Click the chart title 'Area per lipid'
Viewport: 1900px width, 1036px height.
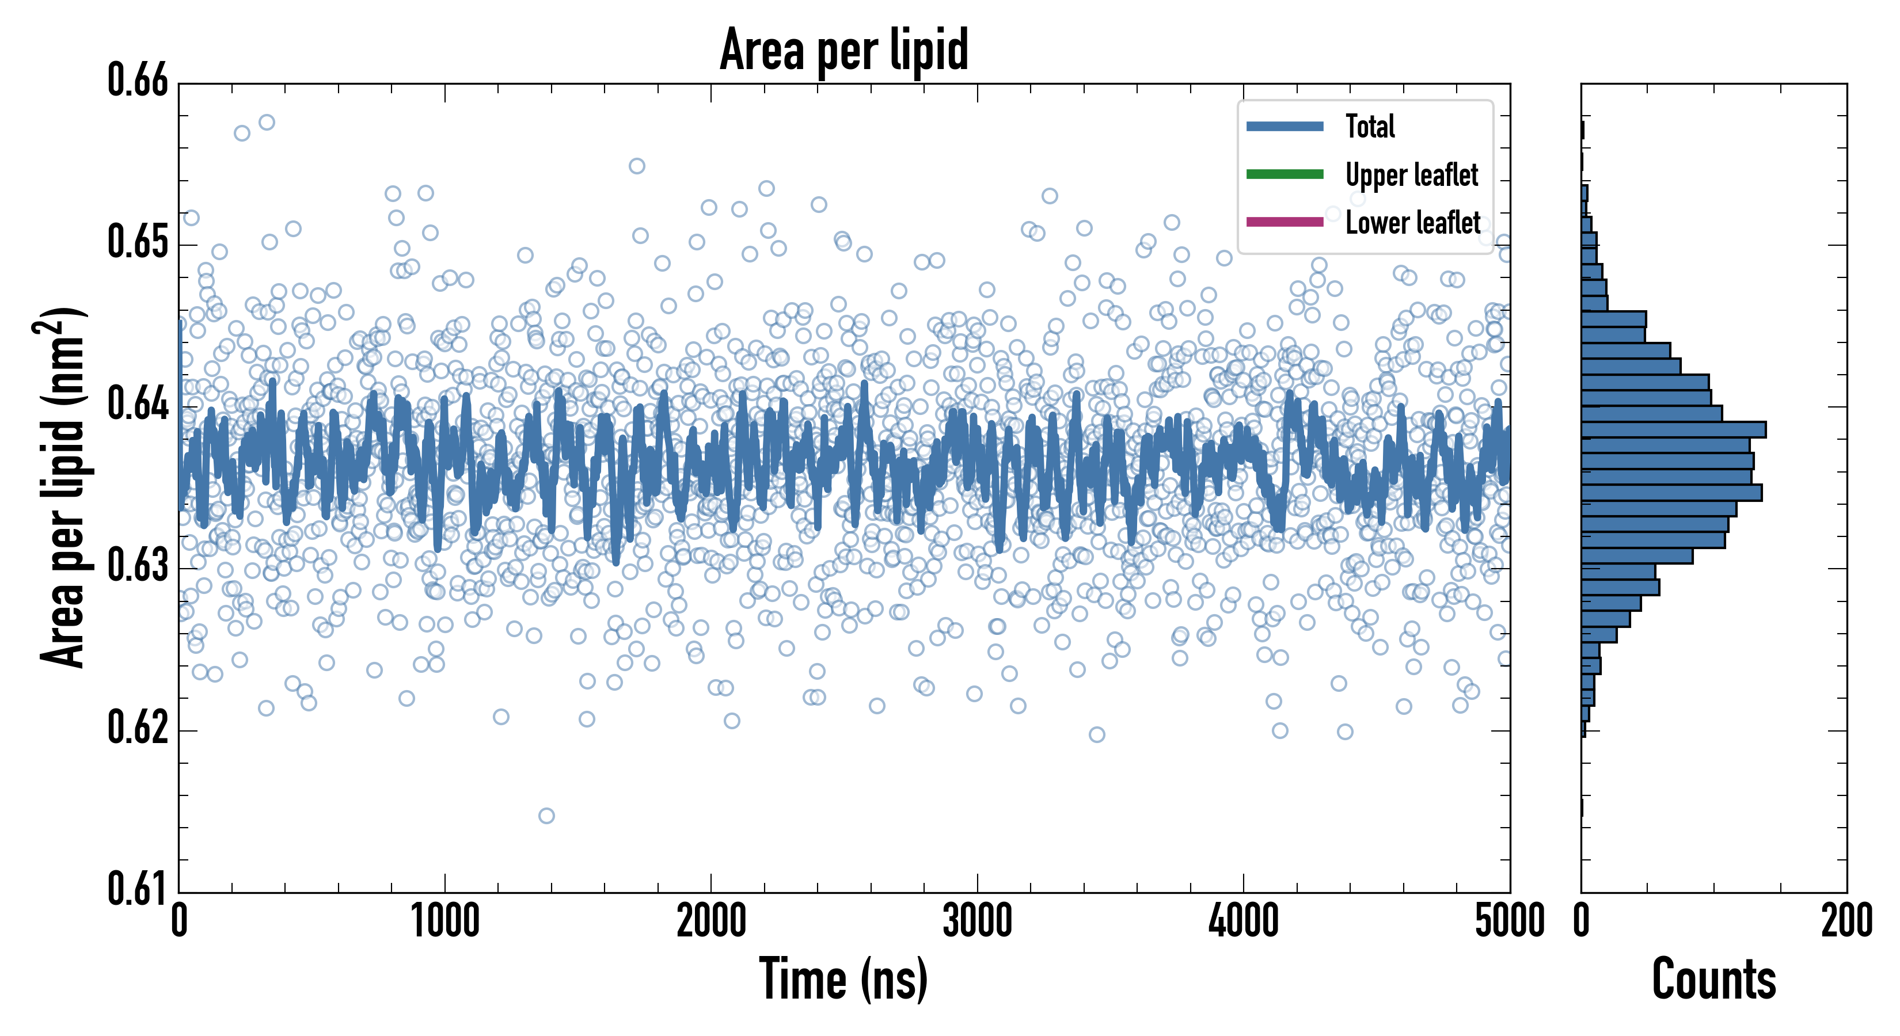pos(844,50)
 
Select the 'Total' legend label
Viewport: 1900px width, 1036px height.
pos(1370,126)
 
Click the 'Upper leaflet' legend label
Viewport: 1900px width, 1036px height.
pos(1411,175)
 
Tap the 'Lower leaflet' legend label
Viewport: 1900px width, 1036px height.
pos(1412,222)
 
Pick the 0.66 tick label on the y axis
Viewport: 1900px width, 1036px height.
pos(138,81)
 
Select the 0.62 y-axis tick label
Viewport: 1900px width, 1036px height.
pos(138,728)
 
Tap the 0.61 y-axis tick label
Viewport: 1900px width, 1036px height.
pos(138,889)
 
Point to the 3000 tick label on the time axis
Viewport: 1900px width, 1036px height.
pos(977,921)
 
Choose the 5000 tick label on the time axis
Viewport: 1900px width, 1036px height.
pos(1509,921)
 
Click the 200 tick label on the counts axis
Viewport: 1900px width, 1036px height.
pos(1846,921)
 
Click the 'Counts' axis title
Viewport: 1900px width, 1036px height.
pos(1713,979)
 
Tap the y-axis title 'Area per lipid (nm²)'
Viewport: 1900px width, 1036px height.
pos(63,487)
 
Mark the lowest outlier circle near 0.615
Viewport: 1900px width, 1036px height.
pos(546,816)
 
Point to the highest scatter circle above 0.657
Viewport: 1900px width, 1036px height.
pos(267,121)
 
